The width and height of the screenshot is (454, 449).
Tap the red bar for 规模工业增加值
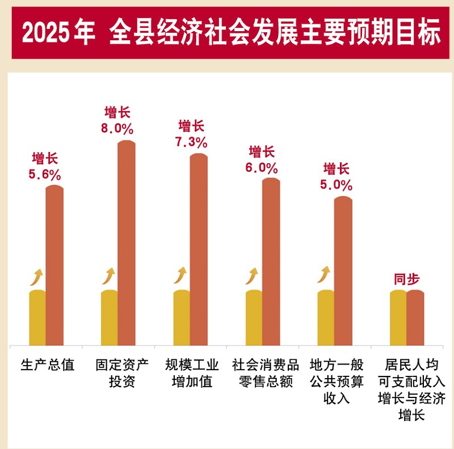tap(199, 249)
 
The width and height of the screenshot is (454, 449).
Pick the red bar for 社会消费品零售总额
tap(271, 261)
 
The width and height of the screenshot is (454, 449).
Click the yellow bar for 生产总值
tap(37, 317)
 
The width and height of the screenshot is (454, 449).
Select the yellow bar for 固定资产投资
tap(109, 317)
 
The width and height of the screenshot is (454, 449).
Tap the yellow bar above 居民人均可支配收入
tap(398, 317)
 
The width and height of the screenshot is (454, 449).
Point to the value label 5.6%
tap(45, 175)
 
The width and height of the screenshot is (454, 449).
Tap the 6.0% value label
tap(262, 168)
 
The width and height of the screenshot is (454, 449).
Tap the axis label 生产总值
tap(47, 364)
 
